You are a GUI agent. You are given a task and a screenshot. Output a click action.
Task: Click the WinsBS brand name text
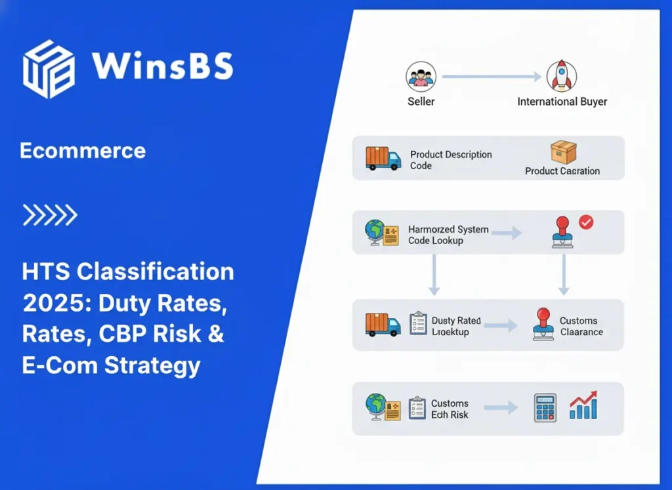(x=162, y=66)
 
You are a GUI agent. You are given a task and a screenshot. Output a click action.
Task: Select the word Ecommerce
(x=83, y=151)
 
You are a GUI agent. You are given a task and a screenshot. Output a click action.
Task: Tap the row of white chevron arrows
(x=50, y=214)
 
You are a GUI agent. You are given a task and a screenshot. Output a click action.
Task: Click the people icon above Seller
(x=421, y=77)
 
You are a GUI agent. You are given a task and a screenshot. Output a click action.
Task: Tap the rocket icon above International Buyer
(x=562, y=77)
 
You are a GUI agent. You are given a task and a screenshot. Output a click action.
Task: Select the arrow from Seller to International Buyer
(x=492, y=77)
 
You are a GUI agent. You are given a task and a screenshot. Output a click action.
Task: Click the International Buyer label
(x=562, y=102)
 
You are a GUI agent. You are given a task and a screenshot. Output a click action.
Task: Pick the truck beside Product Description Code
(x=383, y=158)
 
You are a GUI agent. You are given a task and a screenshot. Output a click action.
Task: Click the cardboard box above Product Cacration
(x=563, y=152)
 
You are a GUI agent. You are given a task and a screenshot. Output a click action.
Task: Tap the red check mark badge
(x=585, y=222)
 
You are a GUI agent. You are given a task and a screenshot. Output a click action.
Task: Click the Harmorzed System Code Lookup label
(x=448, y=235)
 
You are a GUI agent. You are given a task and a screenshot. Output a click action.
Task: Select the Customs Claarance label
(x=581, y=326)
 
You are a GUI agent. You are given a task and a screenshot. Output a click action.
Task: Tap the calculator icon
(x=545, y=407)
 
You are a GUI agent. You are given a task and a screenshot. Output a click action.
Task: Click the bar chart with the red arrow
(x=583, y=406)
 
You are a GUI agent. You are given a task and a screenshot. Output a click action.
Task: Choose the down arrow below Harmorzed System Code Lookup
(x=433, y=275)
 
